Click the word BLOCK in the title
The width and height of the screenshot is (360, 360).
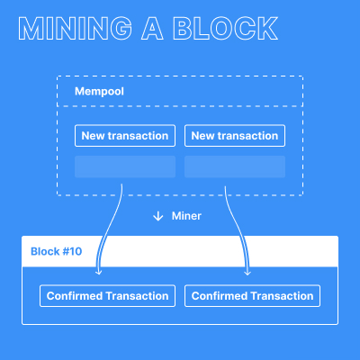224,30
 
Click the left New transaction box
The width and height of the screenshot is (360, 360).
125,136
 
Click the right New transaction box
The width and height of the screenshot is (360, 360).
235,136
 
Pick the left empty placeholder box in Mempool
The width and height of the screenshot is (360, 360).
125,166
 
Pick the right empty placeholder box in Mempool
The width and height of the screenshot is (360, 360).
235,166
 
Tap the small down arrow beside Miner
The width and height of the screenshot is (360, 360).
158,216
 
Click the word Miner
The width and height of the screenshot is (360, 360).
186,216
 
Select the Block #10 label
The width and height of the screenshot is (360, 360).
57,251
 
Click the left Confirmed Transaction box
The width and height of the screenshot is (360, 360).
107,295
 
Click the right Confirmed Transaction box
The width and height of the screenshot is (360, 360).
253,295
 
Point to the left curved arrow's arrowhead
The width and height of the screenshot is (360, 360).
98,271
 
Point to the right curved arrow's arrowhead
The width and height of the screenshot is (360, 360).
247,271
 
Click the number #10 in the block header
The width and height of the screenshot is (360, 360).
72,251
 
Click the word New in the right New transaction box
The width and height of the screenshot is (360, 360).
203,136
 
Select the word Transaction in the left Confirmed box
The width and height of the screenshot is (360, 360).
137,295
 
